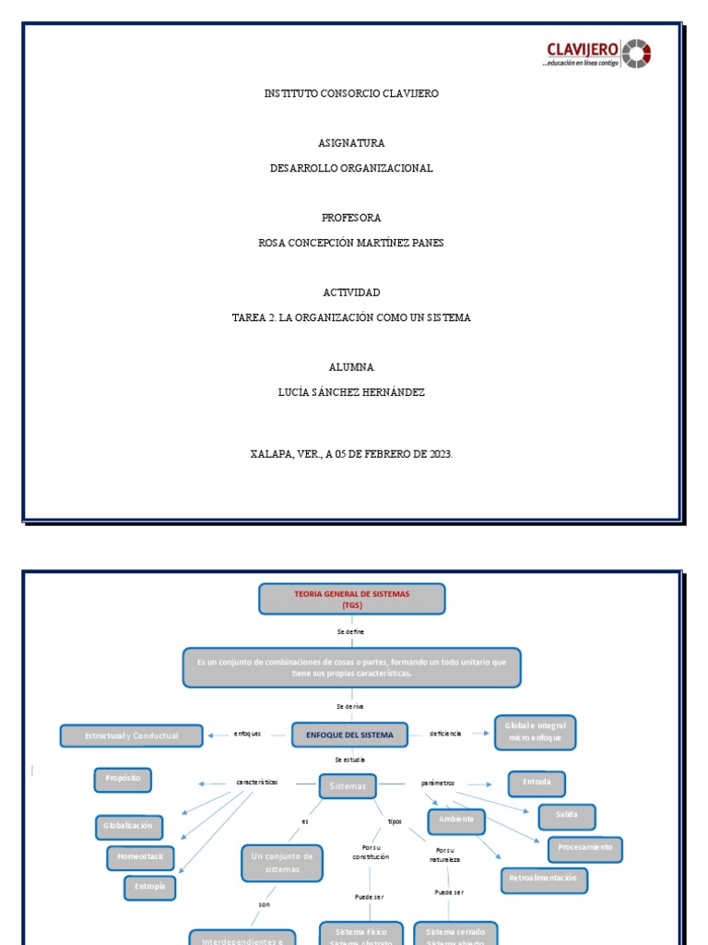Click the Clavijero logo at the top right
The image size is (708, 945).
click(x=598, y=54)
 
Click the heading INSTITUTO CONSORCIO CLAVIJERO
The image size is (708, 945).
click(x=351, y=94)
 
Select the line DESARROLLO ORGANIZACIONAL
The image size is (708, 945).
click(x=351, y=169)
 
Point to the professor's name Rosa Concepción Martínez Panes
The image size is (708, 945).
click(x=351, y=243)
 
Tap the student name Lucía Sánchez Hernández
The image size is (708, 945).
click(x=351, y=392)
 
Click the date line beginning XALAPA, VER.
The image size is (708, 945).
click(x=351, y=454)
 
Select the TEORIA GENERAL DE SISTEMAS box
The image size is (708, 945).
click(x=351, y=599)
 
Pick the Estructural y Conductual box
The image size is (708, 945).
click(x=131, y=736)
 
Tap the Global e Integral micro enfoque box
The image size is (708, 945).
click(x=535, y=733)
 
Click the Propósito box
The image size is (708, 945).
click(x=123, y=779)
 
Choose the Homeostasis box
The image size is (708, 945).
click(x=140, y=856)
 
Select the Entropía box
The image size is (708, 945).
click(x=149, y=887)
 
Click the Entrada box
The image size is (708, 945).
click(x=537, y=783)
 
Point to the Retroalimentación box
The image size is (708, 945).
click(x=544, y=879)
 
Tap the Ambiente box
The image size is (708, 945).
click(x=456, y=819)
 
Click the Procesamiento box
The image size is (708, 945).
click(x=585, y=847)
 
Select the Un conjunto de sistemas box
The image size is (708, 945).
click(x=282, y=863)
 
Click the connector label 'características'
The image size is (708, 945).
click(x=256, y=783)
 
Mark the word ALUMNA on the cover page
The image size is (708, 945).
click(x=351, y=367)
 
